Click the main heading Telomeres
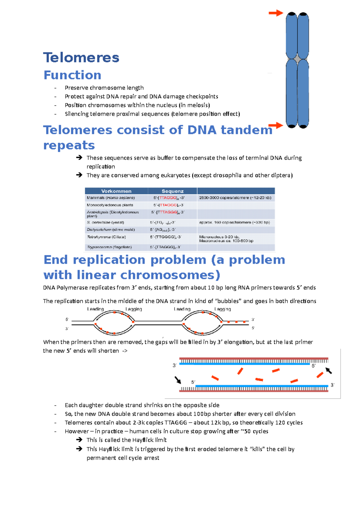point(81,58)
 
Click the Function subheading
point(73,75)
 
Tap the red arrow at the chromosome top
point(276,13)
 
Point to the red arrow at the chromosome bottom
point(276,125)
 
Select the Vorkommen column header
point(116,191)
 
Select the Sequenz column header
point(172,191)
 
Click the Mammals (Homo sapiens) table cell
point(111,198)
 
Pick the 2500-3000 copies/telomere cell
point(235,198)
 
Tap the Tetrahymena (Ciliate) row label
point(106,237)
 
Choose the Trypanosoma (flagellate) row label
point(109,247)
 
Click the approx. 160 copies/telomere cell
point(234,222)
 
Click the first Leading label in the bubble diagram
point(95,309)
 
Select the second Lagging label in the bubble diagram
point(223,309)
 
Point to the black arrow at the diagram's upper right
point(329,371)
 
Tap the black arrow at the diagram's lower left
point(178,380)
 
